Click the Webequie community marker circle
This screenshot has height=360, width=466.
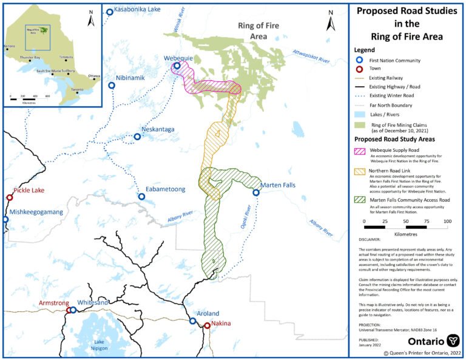click(x=177, y=66)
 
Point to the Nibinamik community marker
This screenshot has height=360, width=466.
click(x=112, y=86)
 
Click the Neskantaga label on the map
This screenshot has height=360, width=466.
click(x=158, y=129)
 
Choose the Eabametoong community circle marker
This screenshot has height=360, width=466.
click(x=141, y=196)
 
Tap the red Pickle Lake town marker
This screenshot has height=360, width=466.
click(x=10, y=197)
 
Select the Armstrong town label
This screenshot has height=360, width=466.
click(x=54, y=302)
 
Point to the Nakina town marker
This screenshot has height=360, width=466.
click(x=207, y=325)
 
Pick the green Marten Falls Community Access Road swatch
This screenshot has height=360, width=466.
click(x=362, y=199)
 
